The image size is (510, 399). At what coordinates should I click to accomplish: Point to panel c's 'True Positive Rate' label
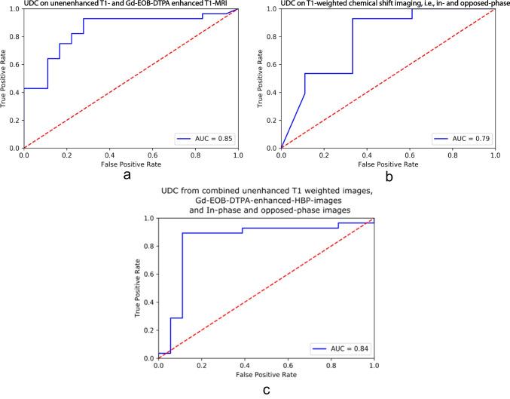tap(139, 288)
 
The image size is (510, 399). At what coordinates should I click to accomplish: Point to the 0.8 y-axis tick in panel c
tap(148, 246)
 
